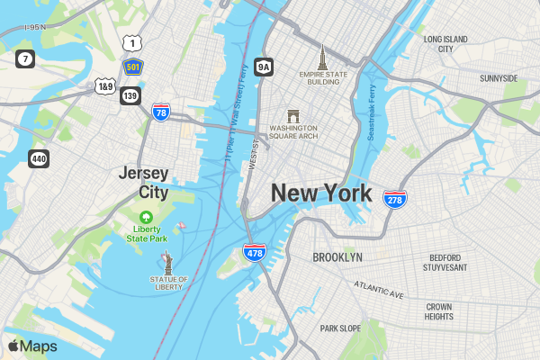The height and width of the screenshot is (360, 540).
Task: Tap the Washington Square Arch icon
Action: click(x=292, y=117)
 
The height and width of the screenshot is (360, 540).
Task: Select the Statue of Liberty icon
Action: click(x=167, y=262)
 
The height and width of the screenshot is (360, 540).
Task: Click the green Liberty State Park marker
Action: click(x=146, y=217)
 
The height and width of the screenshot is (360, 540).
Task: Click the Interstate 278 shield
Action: click(x=393, y=199)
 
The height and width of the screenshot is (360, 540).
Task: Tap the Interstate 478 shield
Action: click(x=255, y=252)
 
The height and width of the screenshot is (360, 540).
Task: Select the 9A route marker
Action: click(x=263, y=67)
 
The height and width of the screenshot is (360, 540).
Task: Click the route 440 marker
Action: click(x=38, y=158)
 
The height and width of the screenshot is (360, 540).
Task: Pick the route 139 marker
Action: click(x=130, y=95)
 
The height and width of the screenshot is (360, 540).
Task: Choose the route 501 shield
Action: click(x=132, y=67)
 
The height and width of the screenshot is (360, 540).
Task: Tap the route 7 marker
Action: click(x=25, y=59)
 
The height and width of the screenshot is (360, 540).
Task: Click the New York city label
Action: click(x=321, y=193)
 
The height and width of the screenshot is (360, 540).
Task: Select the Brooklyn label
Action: click(x=337, y=257)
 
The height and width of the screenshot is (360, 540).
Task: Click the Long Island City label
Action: click(x=445, y=44)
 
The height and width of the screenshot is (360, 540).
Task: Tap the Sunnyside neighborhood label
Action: click(x=499, y=78)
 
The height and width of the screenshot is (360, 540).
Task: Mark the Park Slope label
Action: click(x=340, y=328)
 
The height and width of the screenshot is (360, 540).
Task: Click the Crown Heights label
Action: click(x=439, y=311)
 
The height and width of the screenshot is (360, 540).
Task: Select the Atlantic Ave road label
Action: click(x=379, y=290)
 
